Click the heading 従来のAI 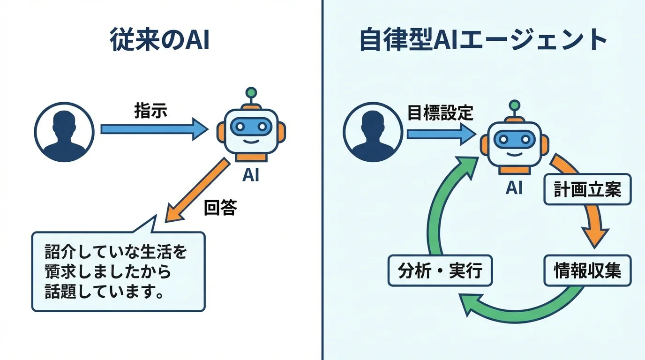click(x=159, y=41)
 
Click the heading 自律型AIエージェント click(x=483, y=41)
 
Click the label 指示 click(x=150, y=111)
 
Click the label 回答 click(x=220, y=207)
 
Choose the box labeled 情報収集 click(x=587, y=271)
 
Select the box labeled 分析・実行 click(x=440, y=271)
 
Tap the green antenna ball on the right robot click(x=515, y=105)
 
